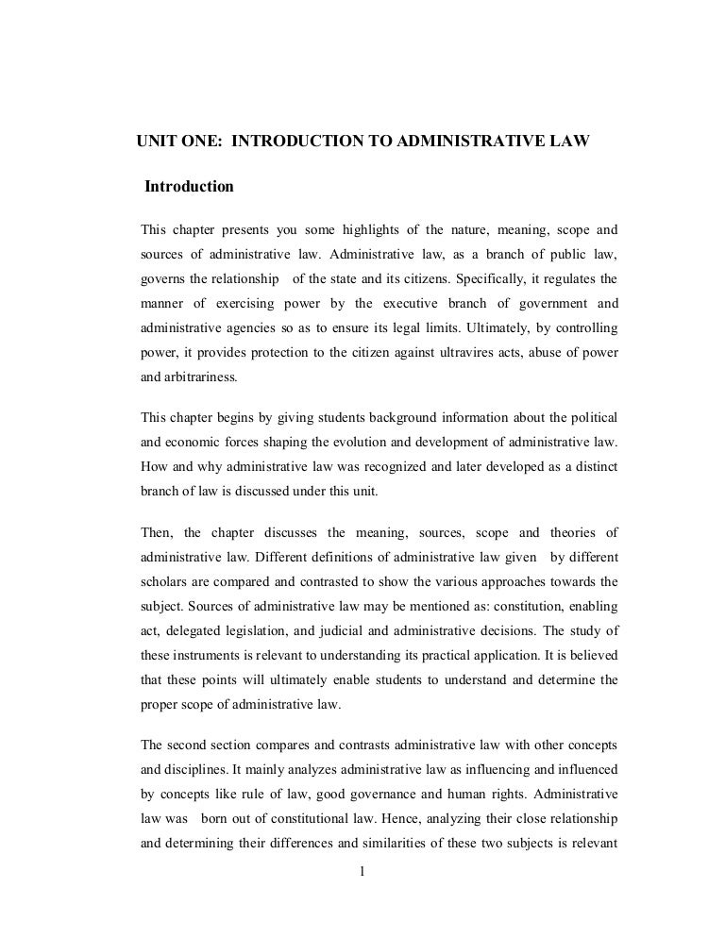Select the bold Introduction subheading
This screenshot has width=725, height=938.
click(189, 187)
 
